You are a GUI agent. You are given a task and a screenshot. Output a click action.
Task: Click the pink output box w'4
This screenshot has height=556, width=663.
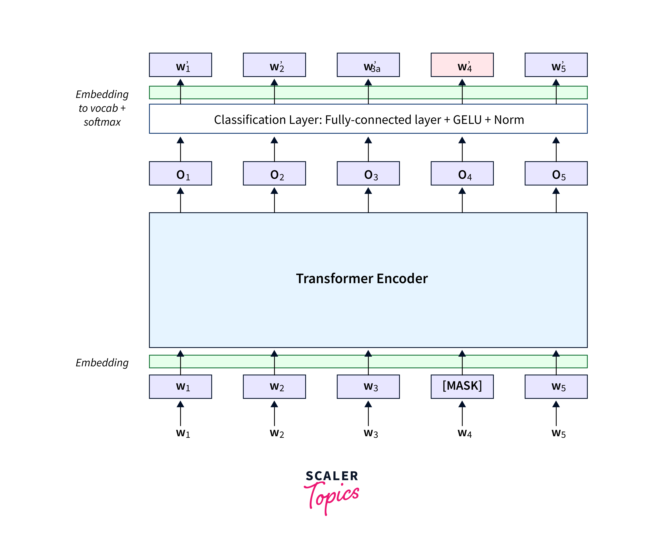(x=462, y=65)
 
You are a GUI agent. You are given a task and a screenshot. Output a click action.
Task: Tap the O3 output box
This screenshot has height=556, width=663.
(x=368, y=173)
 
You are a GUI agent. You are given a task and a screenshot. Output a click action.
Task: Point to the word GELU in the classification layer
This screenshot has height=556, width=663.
(x=467, y=120)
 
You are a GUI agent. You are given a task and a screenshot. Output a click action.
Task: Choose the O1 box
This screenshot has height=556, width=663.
(x=180, y=173)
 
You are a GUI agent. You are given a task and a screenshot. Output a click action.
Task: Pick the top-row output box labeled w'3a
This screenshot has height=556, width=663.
(x=368, y=65)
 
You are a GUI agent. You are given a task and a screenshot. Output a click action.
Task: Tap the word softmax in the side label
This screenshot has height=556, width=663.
(x=102, y=122)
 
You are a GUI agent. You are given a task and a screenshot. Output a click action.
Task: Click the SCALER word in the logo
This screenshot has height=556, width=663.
(x=332, y=476)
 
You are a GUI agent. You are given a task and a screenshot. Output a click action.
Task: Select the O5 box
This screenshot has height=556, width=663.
(x=556, y=173)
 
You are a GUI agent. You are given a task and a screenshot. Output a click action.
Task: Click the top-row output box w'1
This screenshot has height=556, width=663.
(x=180, y=65)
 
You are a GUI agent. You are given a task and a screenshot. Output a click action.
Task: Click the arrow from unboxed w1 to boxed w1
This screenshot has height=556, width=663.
(x=180, y=413)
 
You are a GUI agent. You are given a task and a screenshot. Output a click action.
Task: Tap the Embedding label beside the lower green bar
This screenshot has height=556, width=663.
(x=102, y=363)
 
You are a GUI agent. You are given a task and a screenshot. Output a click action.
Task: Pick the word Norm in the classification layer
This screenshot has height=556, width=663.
(x=509, y=120)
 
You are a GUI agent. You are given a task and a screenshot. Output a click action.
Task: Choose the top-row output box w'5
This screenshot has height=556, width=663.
(x=556, y=65)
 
